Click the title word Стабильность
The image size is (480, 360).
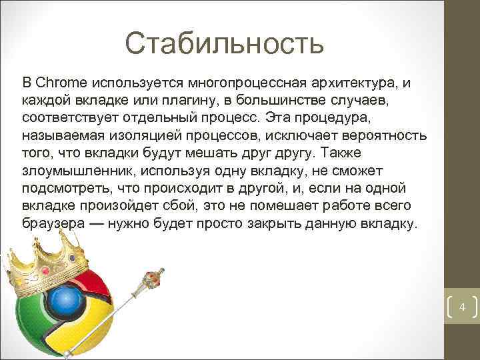click(224, 44)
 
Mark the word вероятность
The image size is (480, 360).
click(385, 135)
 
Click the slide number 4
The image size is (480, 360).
click(461, 307)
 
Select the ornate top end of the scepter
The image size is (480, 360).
click(154, 275)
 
